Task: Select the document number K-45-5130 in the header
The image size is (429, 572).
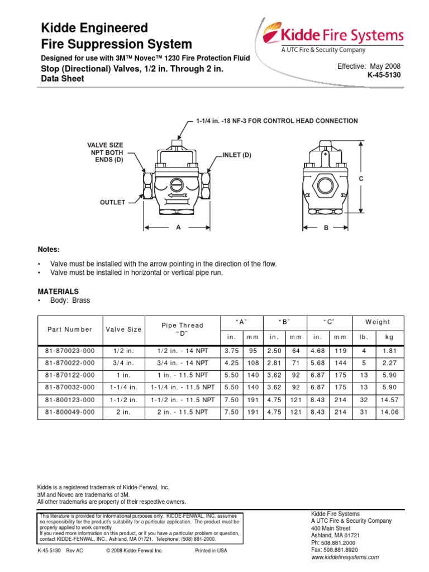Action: pyautogui.click(x=384, y=75)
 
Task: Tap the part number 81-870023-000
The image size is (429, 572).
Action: pyautogui.click(x=70, y=351)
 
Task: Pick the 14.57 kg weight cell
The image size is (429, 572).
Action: pyautogui.click(x=386, y=400)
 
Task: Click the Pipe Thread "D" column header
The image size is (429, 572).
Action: pyautogui.click(x=182, y=330)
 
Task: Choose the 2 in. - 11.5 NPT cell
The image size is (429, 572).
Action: pyautogui.click(x=182, y=412)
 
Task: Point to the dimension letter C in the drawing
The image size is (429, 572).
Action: pyautogui.click(x=360, y=178)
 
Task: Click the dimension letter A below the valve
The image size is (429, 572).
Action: pyautogui.click(x=179, y=227)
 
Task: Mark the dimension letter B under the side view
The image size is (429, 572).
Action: pyautogui.click(x=326, y=228)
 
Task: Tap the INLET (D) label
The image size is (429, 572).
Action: pyautogui.click(x=237, y=155)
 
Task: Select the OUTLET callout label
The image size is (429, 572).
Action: pyautogui.click(x=112, y=202)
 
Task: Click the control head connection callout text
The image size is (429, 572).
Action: pyautogui.click(x=277, y=121)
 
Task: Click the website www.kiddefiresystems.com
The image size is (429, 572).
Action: pyautogui.click(x=345, y=557)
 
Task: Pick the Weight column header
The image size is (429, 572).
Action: pyautogui.click(x=378, y=322)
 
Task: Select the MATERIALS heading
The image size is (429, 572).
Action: pyautogui.click(x=58, y=292)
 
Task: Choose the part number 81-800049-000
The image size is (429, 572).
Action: pyautogui.click(x=70, y=412)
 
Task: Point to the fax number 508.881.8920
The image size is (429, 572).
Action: pyautogui.click(x=341, y=550)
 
